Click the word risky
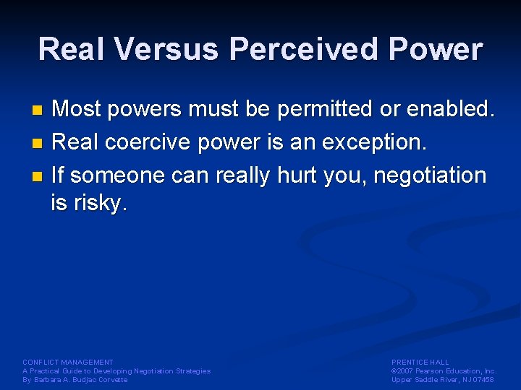(x=100, y=204)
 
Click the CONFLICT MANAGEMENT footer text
(x=68, y=362)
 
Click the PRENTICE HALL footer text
(x=420, y=362)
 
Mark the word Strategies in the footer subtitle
(x=192, y=370)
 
